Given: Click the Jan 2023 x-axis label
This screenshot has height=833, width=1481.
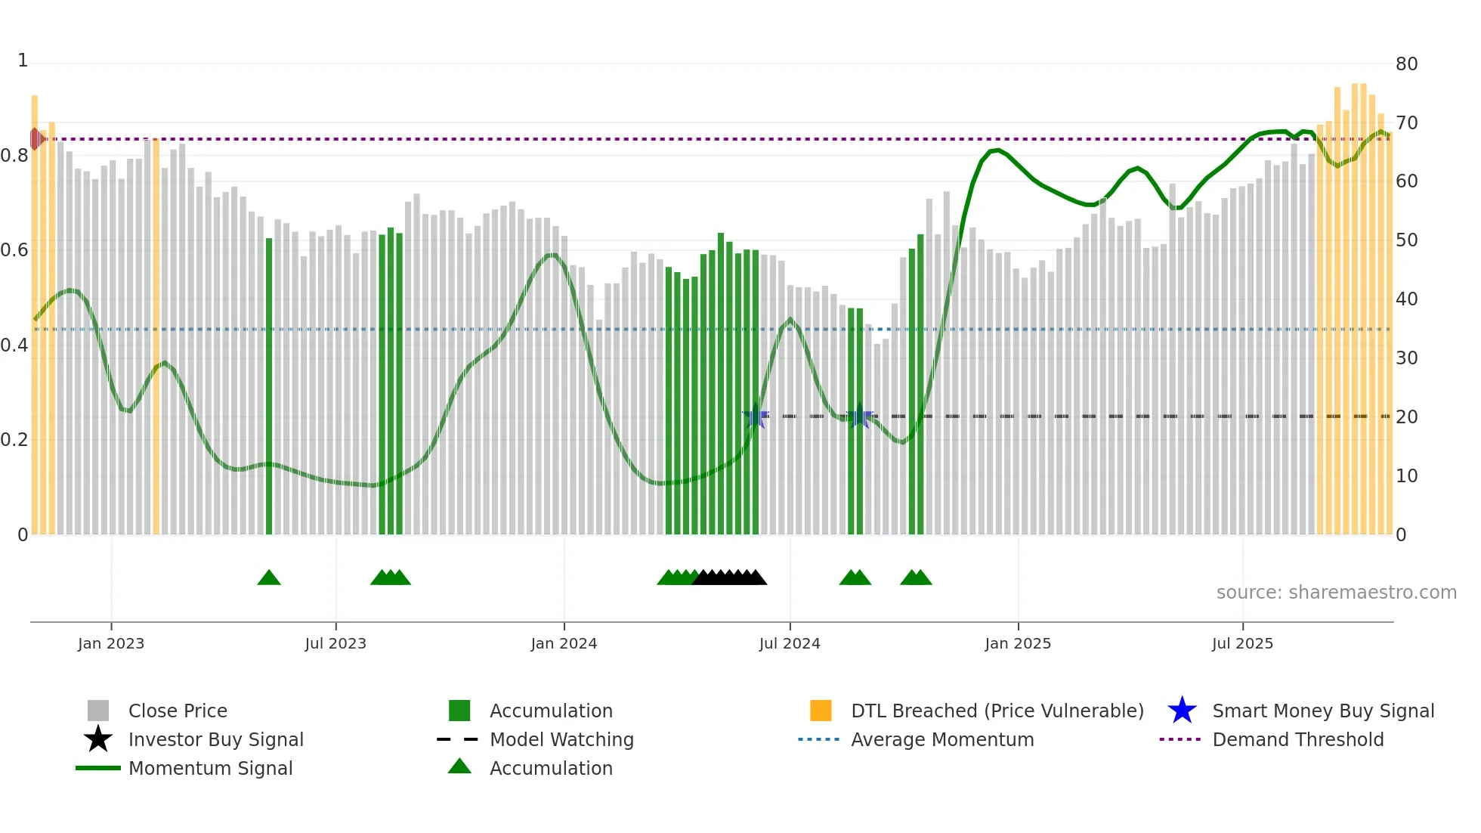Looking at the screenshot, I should pyautogui.click(x=111, y=643).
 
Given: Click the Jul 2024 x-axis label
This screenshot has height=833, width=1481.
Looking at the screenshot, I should pyautogui.click(x=790, y=643).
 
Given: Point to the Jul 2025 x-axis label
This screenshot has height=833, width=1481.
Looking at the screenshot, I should pyautogui.click(x=1242, y=643).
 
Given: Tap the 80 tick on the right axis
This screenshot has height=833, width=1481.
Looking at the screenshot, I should pyautogui.click(x=1406, y=64).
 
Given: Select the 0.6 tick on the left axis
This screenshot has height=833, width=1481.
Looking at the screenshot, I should pyautogui.click(x=14, y=250).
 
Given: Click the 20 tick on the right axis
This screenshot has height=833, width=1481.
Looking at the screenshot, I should pyautogui.click(x=1406, y=417).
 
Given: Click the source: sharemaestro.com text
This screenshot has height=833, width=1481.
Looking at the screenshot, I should pyautogui.click(x=1336, y=593).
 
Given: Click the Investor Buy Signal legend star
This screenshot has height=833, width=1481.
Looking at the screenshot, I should pyautogui.click(x=98, y=739).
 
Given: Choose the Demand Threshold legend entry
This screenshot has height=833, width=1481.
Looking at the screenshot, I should pyautogui.click(x=1297, y=739).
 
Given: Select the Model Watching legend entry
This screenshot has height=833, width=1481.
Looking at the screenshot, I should pyautogui.click(x=561, y=739).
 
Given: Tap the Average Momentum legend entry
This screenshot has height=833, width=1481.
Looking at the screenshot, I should pyautogui.click(x=941, y=739).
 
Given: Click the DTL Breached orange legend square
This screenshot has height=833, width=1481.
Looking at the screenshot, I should pyautogui.click(x=821, y=711).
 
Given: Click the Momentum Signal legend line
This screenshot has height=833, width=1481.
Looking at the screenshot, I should pyautogui.click(x=98, y=768).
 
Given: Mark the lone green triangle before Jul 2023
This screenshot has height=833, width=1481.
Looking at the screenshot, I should pyautogui.click(x=269, y=578).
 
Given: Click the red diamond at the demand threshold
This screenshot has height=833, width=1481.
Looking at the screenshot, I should pyautogui.click(x=35, y=139).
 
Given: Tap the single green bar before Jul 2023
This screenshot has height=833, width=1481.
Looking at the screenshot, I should pyautogui.click(x=269, y=386).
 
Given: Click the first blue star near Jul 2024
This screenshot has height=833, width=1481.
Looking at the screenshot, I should pyautogui.click(x=755, y=416).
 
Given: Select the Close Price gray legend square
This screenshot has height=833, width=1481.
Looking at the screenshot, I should pyautogui.click(x=98, y=711).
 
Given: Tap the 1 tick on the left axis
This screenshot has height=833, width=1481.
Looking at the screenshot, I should pyautogui.click(x=23, y=60).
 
